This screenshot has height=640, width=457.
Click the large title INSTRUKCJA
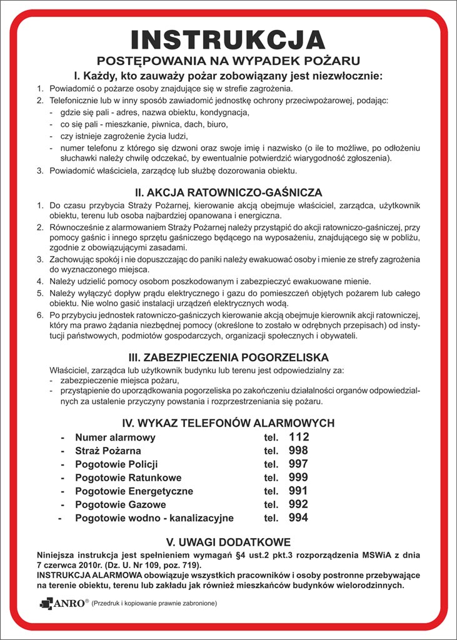coord(228,39)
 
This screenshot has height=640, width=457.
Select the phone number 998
coord(299,451)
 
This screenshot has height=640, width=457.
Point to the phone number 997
coord(299,464)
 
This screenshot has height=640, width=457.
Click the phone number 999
coord(299,477)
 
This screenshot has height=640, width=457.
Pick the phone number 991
coord(299,491)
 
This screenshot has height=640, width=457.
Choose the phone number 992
coord(299,504)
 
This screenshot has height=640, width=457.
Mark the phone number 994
coord(299,517)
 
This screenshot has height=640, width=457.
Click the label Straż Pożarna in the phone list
coord(108,451)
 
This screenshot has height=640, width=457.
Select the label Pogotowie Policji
coord(116,464)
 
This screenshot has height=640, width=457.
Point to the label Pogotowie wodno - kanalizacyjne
coord(154,518)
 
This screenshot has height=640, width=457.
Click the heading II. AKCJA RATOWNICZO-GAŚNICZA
coord(228,192)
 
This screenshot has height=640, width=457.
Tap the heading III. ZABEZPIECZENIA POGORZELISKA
coord(228,358)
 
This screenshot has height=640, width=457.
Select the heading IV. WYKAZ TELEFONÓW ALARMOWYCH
coord(228,423)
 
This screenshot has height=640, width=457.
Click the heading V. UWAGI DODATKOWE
coord(228,542)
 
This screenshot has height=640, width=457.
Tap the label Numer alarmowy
coord(115,437)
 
